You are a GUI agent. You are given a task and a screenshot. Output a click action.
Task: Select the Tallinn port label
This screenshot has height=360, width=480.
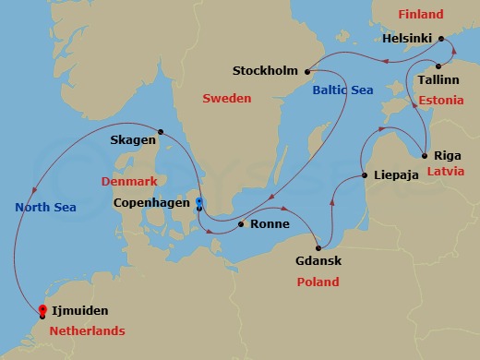[441, 80]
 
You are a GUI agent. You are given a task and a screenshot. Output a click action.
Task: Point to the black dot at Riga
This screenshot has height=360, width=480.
[424, 154]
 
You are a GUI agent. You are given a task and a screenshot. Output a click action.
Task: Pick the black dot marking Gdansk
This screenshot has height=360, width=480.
[318, 246]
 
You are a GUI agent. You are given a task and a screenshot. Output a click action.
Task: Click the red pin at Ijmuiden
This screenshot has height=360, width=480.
[42, 311]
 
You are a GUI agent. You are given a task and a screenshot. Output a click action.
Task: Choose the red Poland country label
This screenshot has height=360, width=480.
[317, 282]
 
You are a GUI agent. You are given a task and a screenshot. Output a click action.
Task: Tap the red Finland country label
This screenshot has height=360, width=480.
[420, 14]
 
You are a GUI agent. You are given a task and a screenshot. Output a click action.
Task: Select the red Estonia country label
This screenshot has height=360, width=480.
[440, 99]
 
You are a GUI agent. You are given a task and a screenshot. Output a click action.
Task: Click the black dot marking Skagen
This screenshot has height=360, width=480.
[160, 131]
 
